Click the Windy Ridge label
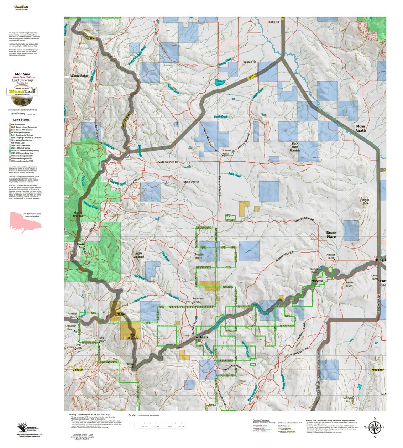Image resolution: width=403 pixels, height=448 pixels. pyautogui.click(x=79, y=76)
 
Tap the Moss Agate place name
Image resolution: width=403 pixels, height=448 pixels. pyautogui.click(x=360, y=129)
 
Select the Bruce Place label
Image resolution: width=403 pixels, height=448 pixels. pyautogui.click(x=331, y=235)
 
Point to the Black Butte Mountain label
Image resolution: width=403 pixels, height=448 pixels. pyautogui.click(x=295, y=147)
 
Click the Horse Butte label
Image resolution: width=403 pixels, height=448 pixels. pyautogui.click(x=366, y=202)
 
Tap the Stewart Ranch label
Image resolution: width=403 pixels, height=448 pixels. pyautogui.click(x=226, y=152)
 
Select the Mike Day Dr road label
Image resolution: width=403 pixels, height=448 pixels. pyautogui.click(x=191, y=182)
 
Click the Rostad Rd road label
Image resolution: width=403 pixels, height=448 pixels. pyautogui.click(x=250, y=62)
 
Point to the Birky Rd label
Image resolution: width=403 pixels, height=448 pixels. pyautogui.click(x=273, y=22)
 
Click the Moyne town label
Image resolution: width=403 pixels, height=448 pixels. pyautogui.click(x=316, y=281)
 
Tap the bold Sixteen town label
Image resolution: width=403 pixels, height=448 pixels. pyautogui.click(x=201, y=337)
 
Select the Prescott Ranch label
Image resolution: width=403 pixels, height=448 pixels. pyautogui.click(x=199, y=256)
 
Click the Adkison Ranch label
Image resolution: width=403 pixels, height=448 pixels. pyautogui.click(x=331, y=256)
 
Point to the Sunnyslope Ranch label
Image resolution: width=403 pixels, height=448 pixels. pyautogui.click(x=349, y=400)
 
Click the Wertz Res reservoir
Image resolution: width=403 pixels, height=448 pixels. pyautogui.click(x=219, y=83)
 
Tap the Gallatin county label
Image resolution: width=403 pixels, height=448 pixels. pyautogui.click(x=78, y=370)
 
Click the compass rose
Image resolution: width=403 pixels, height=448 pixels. pyautogui.click(x=374, y=427)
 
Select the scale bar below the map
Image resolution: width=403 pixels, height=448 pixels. pyautogui.click(x=159, y=424)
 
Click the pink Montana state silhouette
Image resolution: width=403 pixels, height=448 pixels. pyautogui.click(x=25, y=222)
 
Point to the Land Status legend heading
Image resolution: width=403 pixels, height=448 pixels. pyautogui.click(x=21, y=120)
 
